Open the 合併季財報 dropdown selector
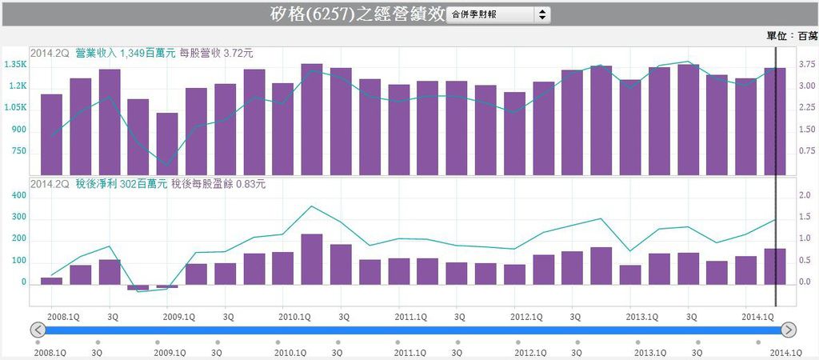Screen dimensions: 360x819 coord(499,14)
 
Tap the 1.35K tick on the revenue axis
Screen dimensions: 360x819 coord(15,64)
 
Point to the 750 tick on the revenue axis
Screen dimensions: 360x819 coord(18,151)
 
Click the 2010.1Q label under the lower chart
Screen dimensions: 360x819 coord(295,317)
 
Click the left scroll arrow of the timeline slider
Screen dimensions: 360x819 coord(38,330)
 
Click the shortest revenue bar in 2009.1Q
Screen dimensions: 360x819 coord(167,144)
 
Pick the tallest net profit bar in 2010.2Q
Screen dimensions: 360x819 coord(312,259)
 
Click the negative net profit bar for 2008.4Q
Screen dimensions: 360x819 coord(138,287)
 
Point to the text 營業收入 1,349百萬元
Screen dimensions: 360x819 coord(117,54)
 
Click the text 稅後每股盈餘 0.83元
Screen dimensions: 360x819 coord(218,185)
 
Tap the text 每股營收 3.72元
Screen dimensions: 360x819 coord(216,54)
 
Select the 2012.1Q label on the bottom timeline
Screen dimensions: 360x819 coord(529,352)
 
